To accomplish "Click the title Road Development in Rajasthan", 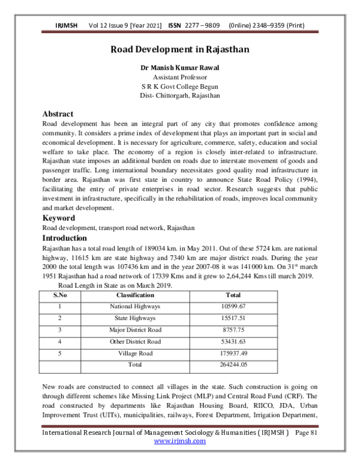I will [x=180, y=50].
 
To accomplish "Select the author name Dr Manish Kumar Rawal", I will [x=180, y=68].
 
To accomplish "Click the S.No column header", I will [x=60, y=295].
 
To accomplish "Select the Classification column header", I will [x=135, y=295].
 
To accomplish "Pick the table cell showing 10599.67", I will [x=233, y=306].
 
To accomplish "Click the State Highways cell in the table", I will [x=135, y=318].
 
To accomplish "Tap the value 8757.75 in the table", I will [x=233, y=330].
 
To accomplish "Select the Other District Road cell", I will [x=135, y=341].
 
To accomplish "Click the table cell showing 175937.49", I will [x=233, y=353].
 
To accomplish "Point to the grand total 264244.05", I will [x=233, y=365].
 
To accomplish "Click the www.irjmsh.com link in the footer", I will [x=180, y=441].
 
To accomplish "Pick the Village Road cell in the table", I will [x=135, y=353].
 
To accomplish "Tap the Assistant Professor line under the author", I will [x=180, y=77].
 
